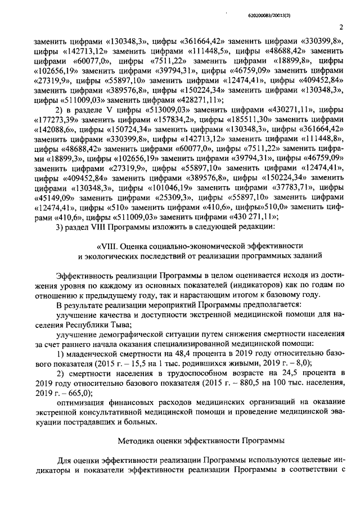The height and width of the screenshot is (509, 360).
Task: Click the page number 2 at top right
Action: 341,26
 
